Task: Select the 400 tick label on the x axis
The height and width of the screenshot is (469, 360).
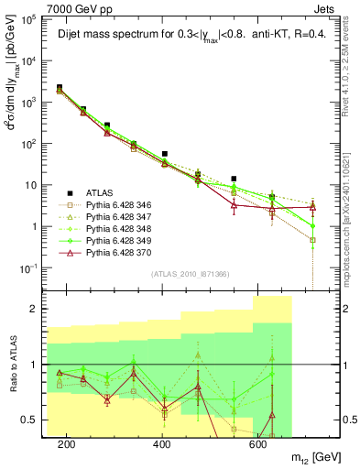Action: point(162,444)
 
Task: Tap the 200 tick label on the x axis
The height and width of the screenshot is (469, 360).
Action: point(66,444)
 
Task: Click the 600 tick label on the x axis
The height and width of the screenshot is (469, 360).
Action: point(258,444)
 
